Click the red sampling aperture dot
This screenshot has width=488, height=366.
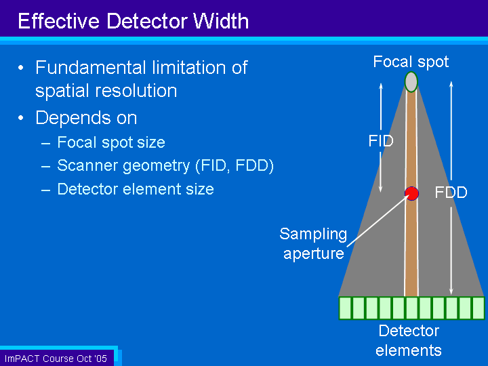[411, 194]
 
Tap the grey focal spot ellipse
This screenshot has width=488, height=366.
[411, 82]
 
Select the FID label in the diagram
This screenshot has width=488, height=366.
[381, 141]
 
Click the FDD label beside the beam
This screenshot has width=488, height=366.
[451, 192]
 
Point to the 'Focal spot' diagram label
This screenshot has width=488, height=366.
[411, 62]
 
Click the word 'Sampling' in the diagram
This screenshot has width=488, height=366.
[313, 235]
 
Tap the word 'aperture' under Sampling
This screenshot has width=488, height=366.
[314, 253]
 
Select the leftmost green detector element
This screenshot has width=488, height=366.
[346, 308]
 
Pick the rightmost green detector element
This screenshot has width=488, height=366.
[479, 308]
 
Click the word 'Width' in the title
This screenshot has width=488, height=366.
[221, 21]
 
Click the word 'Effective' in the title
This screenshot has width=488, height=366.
[59, 21]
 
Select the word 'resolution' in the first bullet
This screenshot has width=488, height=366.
[136, 91]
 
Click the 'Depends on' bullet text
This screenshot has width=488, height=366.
[86, 118]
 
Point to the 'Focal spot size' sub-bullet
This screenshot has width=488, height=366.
[111, 142]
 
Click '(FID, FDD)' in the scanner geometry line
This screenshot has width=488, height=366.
[235, 165]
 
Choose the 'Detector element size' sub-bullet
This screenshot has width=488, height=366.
[136, 189]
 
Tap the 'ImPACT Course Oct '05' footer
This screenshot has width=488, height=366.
[56, 359]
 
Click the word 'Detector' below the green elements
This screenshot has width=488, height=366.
[409, 331]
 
